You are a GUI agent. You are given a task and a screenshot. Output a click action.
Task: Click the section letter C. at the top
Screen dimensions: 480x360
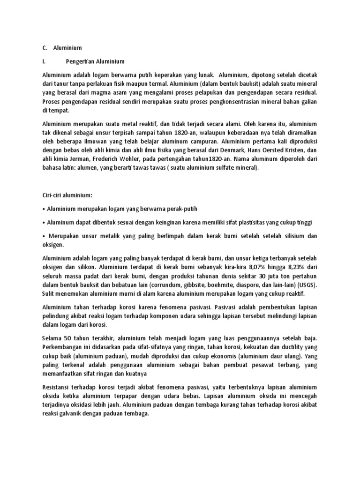pyautogui.click(x=45, y=48)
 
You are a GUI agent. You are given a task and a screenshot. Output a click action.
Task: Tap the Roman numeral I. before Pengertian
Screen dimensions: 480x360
pyautogui.click(x=44, y=61)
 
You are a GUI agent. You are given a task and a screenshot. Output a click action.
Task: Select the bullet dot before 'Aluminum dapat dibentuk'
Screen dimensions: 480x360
pyautogui.click(x=44, y=223)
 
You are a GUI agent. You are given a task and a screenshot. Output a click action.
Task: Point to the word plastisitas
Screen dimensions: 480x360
pyautogui.click(x=252, y=223)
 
